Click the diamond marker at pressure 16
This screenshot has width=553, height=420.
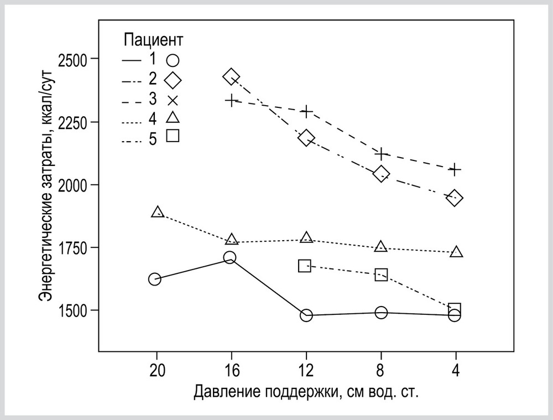[231, 77]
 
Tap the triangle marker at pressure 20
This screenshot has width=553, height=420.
[158, 212]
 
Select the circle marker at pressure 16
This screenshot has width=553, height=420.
[230, 257]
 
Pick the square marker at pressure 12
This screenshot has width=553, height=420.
[305, 266]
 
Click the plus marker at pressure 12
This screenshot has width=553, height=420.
[306, 111]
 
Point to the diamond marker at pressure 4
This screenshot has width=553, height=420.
[455, 198]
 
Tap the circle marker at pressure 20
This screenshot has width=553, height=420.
[155, 279]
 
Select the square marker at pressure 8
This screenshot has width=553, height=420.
[381, 274]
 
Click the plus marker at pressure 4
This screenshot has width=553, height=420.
[455, 169]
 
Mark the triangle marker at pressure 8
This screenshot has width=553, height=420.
[380, 247]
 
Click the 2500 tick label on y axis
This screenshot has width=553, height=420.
[74, 59]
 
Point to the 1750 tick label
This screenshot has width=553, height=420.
[74, 247]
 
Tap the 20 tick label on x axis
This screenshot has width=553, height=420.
[157, 369]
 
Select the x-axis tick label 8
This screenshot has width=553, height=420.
[380, 369]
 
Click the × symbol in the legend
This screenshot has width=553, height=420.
[173, 101]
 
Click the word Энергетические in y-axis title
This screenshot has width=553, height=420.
[47, 248]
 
